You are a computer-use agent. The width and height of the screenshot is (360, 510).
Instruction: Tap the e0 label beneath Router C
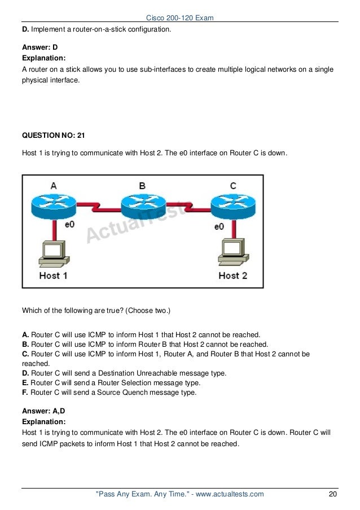[x=220, y=226]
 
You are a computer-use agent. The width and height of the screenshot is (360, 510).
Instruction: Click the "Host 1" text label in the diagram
[x=53, y=276]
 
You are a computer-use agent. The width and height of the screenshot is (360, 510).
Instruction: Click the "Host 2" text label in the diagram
[x=233, y=276]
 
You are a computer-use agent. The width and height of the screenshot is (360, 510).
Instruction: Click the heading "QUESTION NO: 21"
[x=52, y=136]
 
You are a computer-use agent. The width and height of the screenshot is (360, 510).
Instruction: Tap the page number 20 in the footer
[x=333, y=495]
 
